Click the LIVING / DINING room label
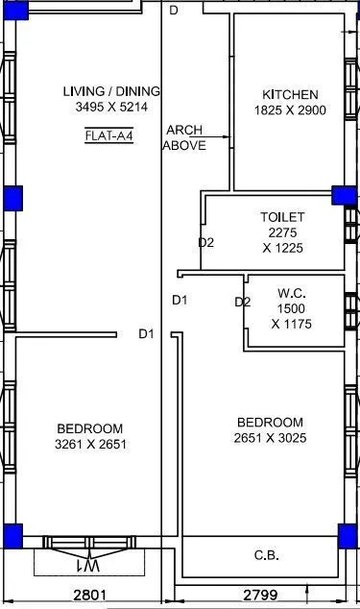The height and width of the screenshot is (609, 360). (x=110, y=91)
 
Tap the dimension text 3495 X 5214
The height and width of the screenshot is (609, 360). (x=110, y=108)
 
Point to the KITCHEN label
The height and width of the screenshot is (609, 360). (x=290, y=94)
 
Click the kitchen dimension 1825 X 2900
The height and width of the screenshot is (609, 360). (x=290, y=110)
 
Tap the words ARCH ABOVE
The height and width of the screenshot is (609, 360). (x=183, y=137)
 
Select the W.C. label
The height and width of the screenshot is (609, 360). (x=291, y=293)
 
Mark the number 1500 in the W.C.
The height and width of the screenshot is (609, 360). (x=291, y=308)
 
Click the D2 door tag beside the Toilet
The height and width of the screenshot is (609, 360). (x=205, y=242)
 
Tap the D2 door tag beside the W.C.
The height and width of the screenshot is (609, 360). (x=243, y=302)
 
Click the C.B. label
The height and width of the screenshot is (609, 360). (x=266, y=555)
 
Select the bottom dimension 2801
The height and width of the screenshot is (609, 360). (x=88, y=596)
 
